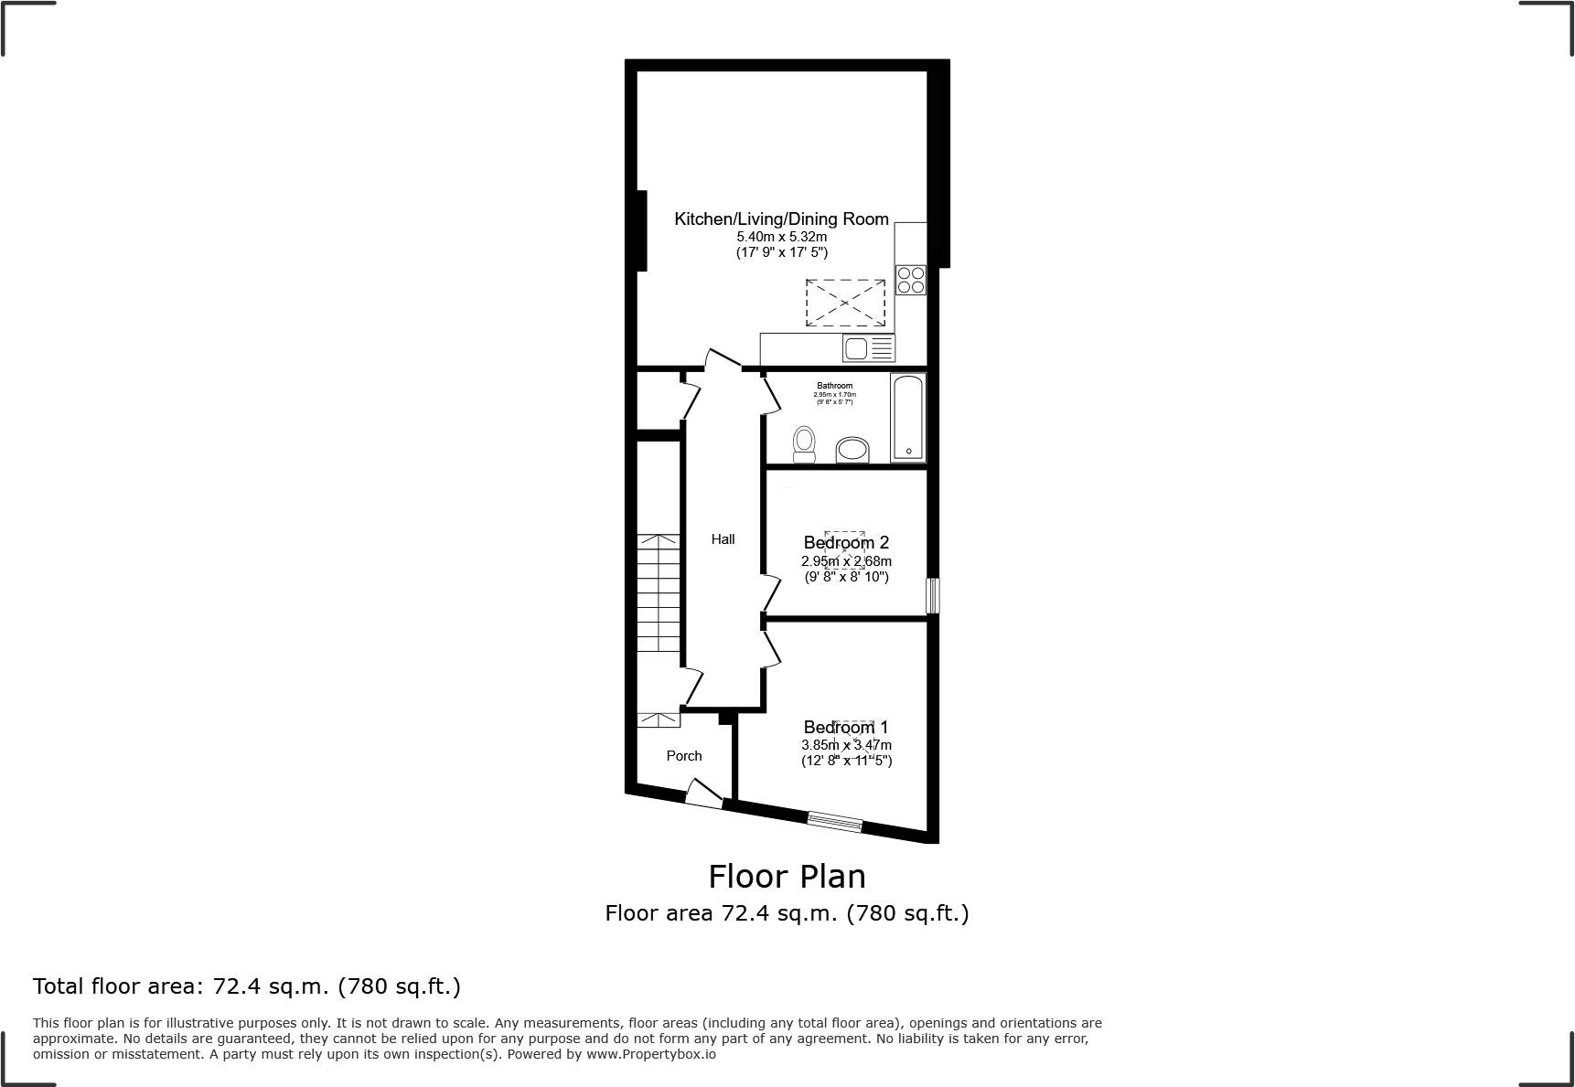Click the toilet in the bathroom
(x=804, y=444)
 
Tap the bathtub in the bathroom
(x=907, y=417)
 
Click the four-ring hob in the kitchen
(x=911, y=280)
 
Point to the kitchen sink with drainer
(x=868, y=348)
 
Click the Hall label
(x=723, y=539)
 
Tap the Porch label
(x=684, y=756)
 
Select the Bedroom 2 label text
(x=846, y=543)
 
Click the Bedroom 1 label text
(x=846, y=728)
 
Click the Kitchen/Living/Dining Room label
(x=781, y=218)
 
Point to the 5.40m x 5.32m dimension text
(x=781, y=237)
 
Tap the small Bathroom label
(x=834, y=386)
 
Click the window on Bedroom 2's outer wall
(x=932, y=595)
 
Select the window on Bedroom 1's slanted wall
(x=835, y=822)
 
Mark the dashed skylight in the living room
(x=845, y=303)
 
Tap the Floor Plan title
(x=787, y=877)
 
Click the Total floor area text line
(x=246, y=986)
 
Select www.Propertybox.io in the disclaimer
(x=651, y=1054)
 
